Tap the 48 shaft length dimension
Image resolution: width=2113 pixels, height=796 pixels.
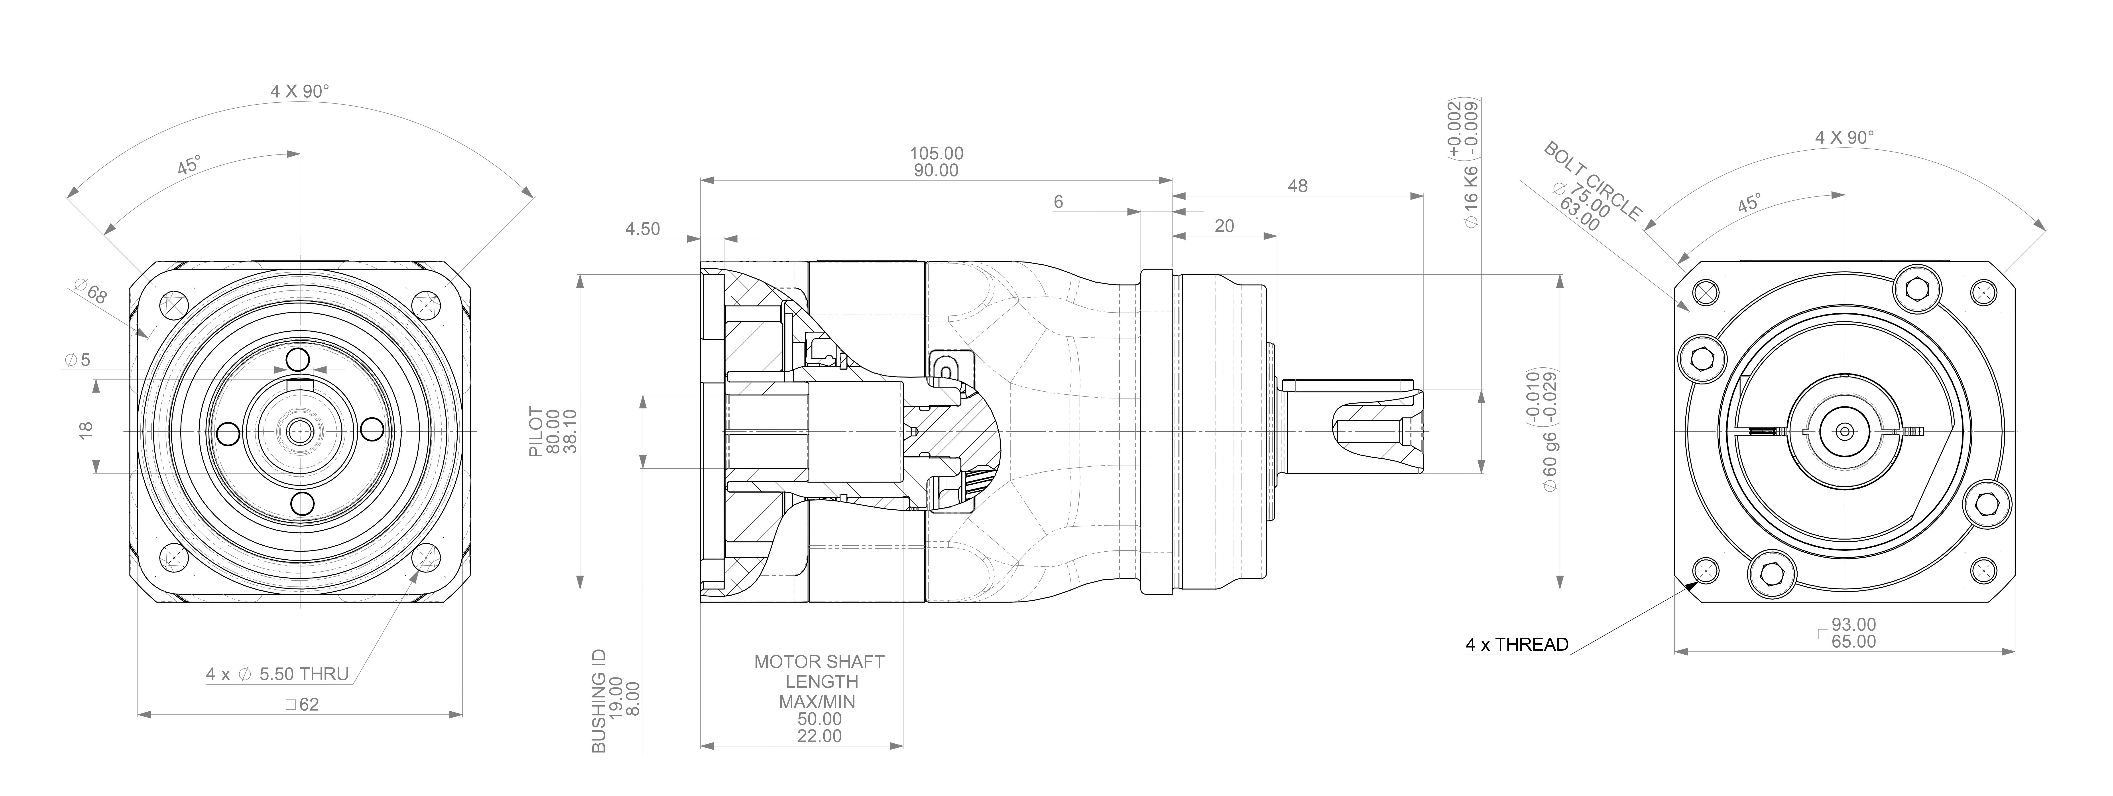(x=1297, y=186)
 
